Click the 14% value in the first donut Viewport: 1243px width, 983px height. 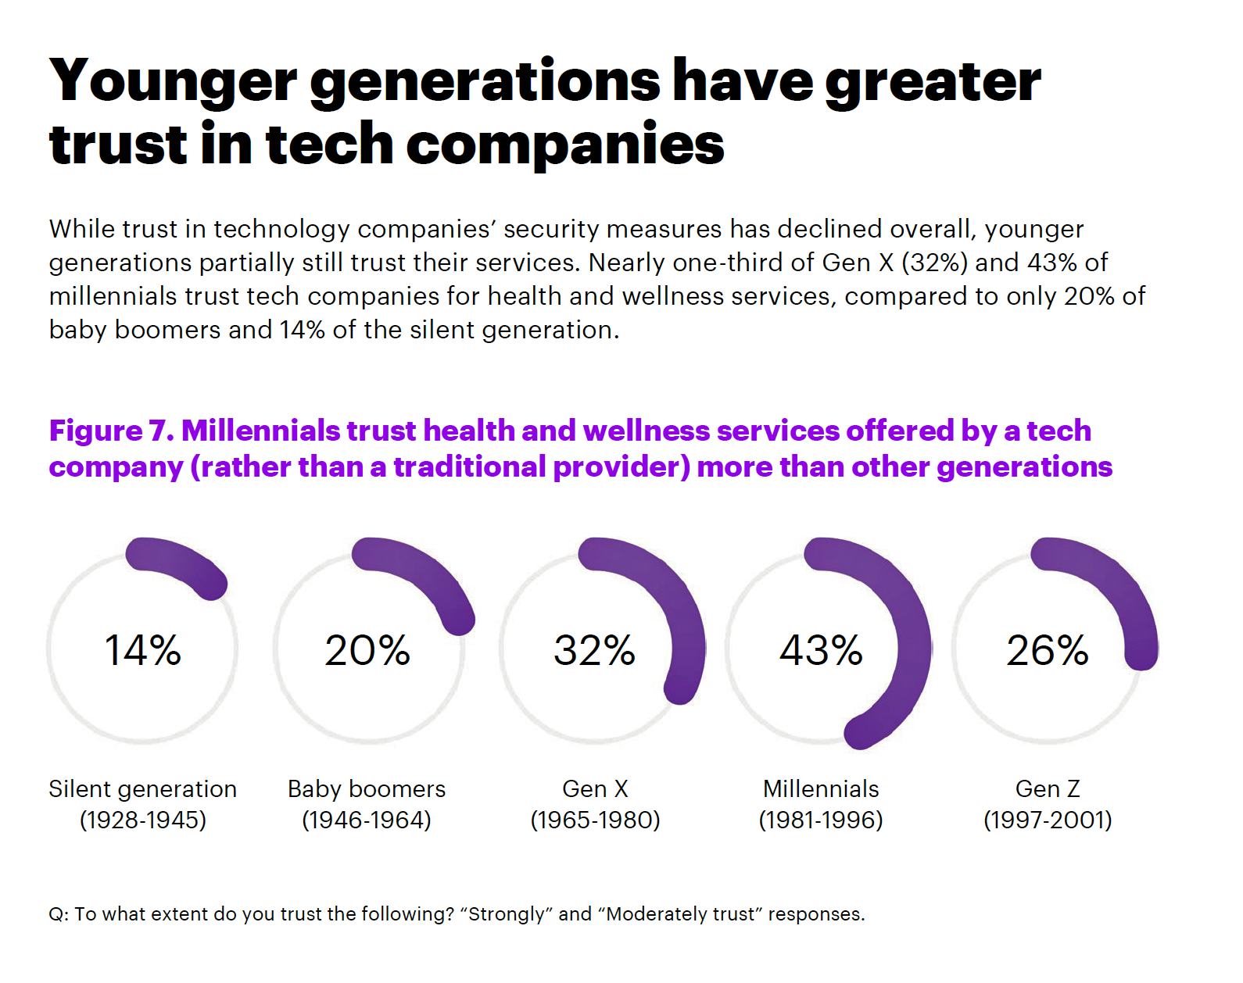pyautogui.click(x=143, y=650)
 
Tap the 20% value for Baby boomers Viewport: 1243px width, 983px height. pyautogui.click(x=367, y=650)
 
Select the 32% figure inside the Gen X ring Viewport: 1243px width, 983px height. pyautogui.click(x=594, y=650)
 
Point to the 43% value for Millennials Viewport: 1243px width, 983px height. pyautogui.click(x=821, y=650)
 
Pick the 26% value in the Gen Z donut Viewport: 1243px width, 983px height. pyautogui.click(x=1048, y=650)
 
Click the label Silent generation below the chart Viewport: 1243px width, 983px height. pyautogui.click(x=143, y=789)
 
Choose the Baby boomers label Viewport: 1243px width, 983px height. pyautogui.click(x=367, y=789)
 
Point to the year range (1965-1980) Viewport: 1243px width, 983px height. pyautogui.click(x=595, y=820)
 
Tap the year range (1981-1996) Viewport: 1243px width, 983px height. pyautogui.click(x=821, y=820)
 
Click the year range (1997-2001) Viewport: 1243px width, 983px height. pyautogui.click(x=1048, y=820)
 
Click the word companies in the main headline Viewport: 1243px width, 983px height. pyautogui.click(x=564, y=145)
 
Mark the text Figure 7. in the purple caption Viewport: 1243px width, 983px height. pyautogui.click(x=111, y=431)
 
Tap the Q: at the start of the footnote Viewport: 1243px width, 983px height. pyautogui.click(x=58, y=914)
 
